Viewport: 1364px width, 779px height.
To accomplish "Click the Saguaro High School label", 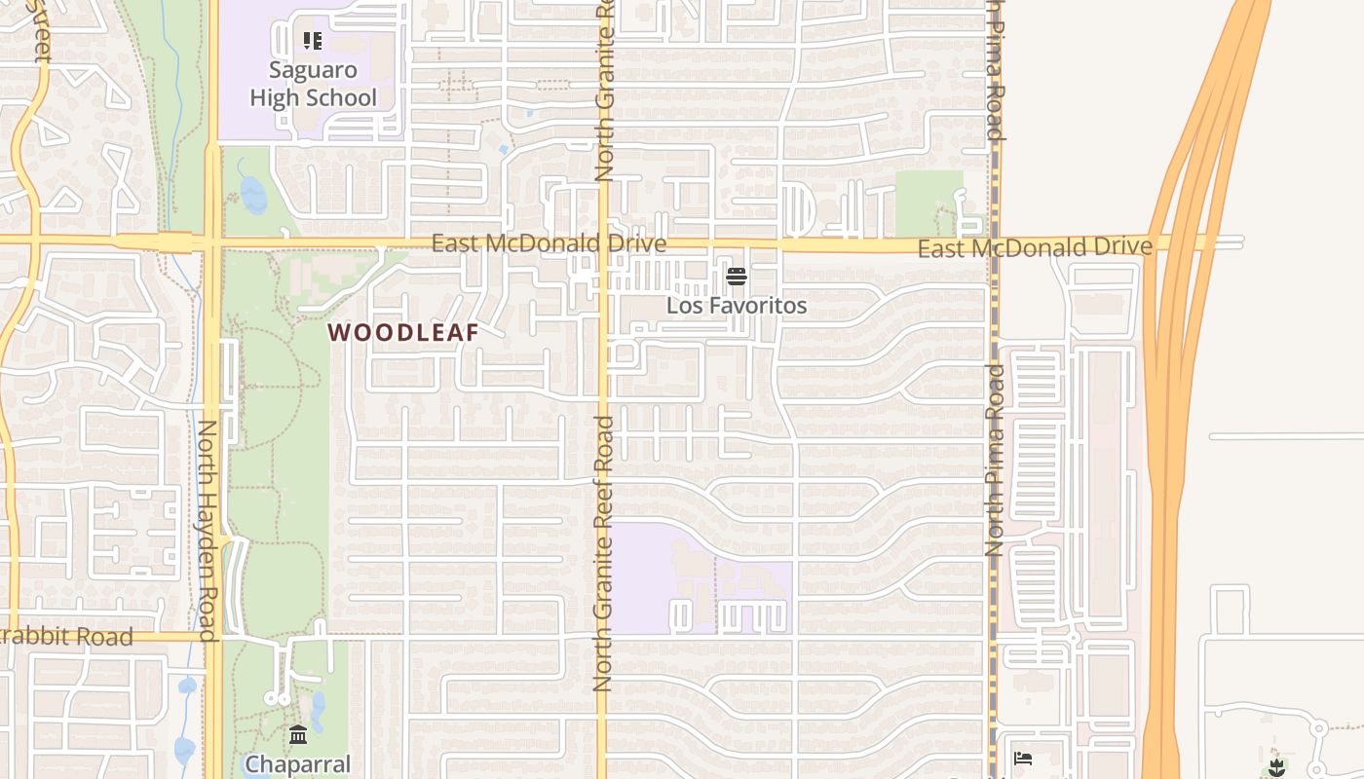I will tap(313, 84).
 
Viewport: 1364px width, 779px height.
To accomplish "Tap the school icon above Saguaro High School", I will tap(313, 41).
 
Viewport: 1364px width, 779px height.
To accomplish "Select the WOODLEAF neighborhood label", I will tap(403, 333).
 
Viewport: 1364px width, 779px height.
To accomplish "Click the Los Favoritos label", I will tap(737, 306).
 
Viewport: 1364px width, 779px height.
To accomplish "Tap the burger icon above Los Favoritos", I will tap(737, 278).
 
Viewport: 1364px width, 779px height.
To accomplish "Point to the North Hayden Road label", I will tap(208, 531).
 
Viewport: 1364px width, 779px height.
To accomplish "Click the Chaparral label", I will tap(297, 764).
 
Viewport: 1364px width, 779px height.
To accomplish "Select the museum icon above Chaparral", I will tap(298, 733).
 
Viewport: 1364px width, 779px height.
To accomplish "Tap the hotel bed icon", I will tap(1023, 758).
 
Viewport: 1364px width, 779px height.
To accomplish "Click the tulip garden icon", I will tap(1277, 767).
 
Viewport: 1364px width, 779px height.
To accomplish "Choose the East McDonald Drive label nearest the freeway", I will tap(1035, 248).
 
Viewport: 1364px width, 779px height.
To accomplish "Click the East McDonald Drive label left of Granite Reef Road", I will tap(549, 243).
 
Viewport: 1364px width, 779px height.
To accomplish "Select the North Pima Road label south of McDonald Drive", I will tap(994, 460).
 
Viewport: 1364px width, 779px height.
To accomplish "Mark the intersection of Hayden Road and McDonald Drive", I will tap(212, 241).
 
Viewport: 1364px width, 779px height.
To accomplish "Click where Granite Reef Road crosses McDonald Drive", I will tap(603, 243).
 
